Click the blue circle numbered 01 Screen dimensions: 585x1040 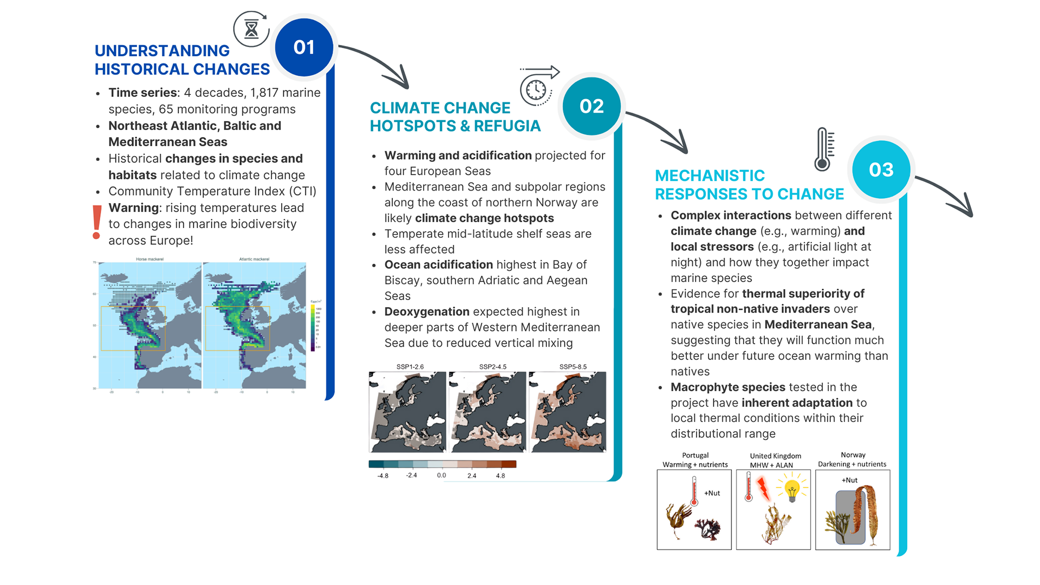pos(304,48)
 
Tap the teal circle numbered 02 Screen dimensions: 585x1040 pos(591,106)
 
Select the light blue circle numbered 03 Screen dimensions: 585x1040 pos(881,170)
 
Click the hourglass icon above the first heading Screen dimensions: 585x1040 pos(251,29)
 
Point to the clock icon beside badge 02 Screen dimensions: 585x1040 pos(536,89)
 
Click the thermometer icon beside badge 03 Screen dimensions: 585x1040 pos(823,149)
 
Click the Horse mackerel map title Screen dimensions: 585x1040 pos(149,259)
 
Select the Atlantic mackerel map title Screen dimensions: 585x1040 pos(254,259)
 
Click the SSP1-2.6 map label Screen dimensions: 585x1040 pos(410,367)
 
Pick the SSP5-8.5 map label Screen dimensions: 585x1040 pos(573,367)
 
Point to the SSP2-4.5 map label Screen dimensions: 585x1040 pos(492,367)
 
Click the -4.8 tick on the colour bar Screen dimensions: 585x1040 pos(383,476)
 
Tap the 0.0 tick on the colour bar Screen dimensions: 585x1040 pos(441,476)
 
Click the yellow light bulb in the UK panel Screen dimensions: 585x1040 pos(792,490)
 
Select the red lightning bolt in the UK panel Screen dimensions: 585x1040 pos(763,489)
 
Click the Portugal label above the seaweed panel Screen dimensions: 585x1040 pos(695,456)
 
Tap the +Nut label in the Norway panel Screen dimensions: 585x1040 pos(849,480)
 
